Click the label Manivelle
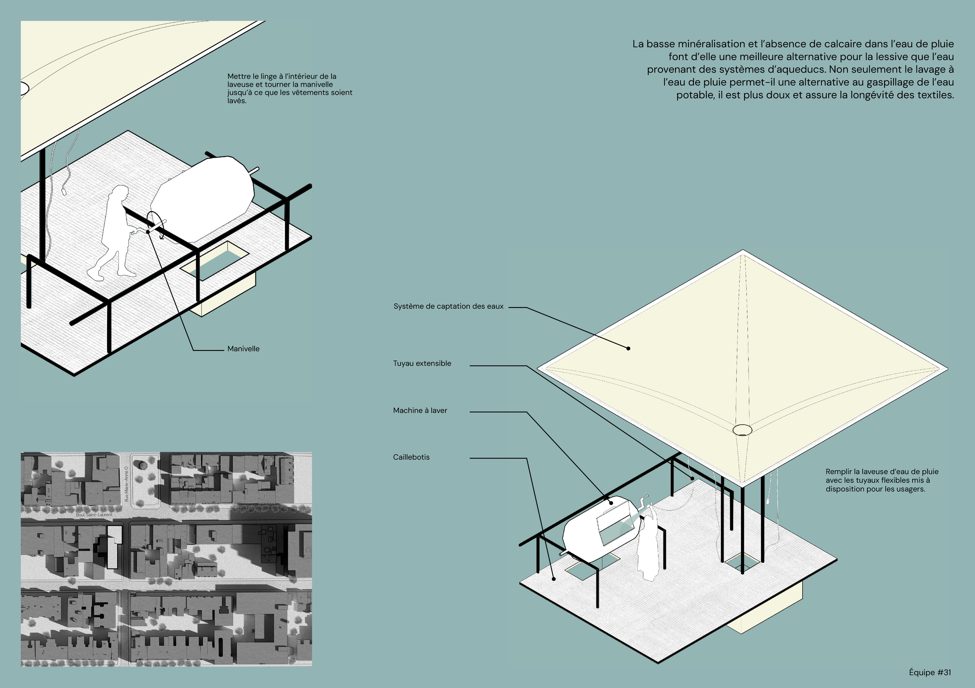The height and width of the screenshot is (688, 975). click(x=243, y=349)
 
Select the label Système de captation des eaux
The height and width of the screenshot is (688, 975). click(x=448, y=306)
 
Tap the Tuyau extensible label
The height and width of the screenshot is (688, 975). click(x=422, y=363)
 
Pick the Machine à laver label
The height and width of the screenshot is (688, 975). click(x=420, y=411)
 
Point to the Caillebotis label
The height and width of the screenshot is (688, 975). click(x=411, y=457)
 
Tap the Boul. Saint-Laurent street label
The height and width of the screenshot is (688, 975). click(x=94, y=515)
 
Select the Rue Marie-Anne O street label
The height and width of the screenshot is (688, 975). click(x=126, y=484)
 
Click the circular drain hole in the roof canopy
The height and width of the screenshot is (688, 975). click(x=742, y=430)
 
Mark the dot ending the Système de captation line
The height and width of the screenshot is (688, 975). click(x=628, y=348)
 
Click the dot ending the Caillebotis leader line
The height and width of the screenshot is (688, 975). click(x=554, y=579)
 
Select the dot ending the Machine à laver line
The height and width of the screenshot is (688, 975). click(x=612, y=503)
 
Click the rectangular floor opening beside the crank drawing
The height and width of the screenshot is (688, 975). click(x=215, y=261)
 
